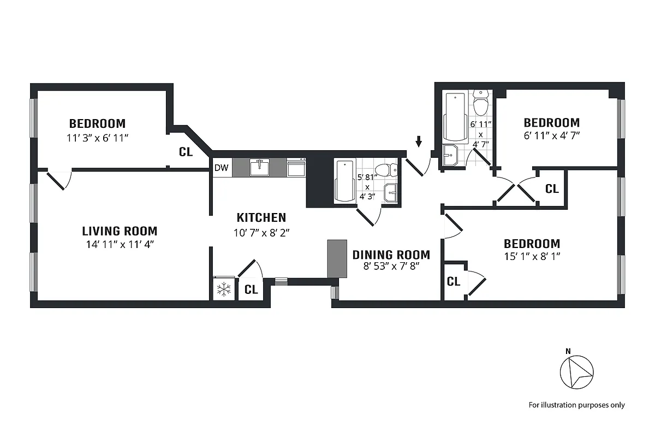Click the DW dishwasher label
point(221,168)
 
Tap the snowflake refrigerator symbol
point(223,290)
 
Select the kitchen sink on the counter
point(260,168)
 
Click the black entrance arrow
point(419,142)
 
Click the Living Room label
point(120,231)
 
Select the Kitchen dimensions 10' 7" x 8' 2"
point(261,232)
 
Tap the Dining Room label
point(391,255)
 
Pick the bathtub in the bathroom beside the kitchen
point(344,181)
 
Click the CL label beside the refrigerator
point(251,290)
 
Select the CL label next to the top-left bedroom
point(186,152)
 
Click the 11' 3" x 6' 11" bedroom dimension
point(97,138)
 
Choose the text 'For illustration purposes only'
point(576,405)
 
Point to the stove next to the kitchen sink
point(296,168)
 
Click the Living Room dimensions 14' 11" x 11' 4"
point(120,245)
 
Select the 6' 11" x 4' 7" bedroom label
point(551,136)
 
